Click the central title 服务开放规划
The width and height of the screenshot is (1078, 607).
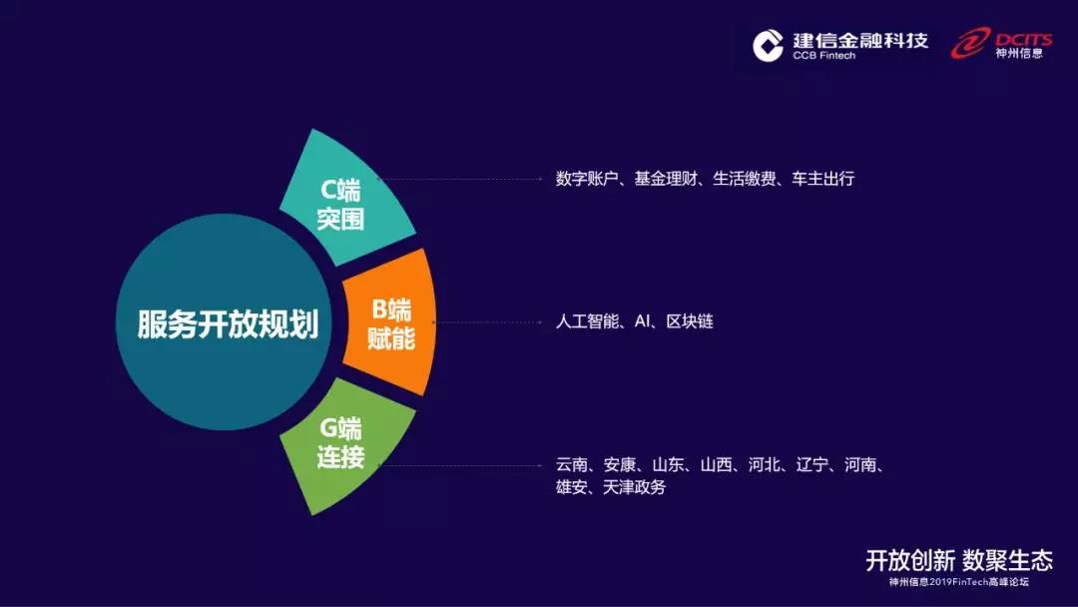tap(228, 323)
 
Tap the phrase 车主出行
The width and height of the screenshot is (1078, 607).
tap(822, 179)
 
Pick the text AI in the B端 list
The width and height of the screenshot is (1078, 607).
tap(642, 321)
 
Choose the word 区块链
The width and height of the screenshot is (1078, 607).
tap(690, 321)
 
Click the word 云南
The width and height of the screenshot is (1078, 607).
tap(572, 465)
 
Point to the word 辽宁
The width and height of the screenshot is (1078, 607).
tap(811, 465)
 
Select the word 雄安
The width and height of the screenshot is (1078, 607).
tap(572, 487)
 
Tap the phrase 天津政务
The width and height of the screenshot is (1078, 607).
tap(635, 487)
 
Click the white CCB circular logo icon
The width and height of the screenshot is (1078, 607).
tap(768, 46)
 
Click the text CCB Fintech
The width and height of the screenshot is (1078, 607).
tap(823, 56)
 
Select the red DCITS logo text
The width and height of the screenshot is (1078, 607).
tap(1023, 39)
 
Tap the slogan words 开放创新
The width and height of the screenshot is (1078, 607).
tap(910, 560)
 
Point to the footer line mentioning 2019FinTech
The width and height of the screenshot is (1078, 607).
tap(959, 582)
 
